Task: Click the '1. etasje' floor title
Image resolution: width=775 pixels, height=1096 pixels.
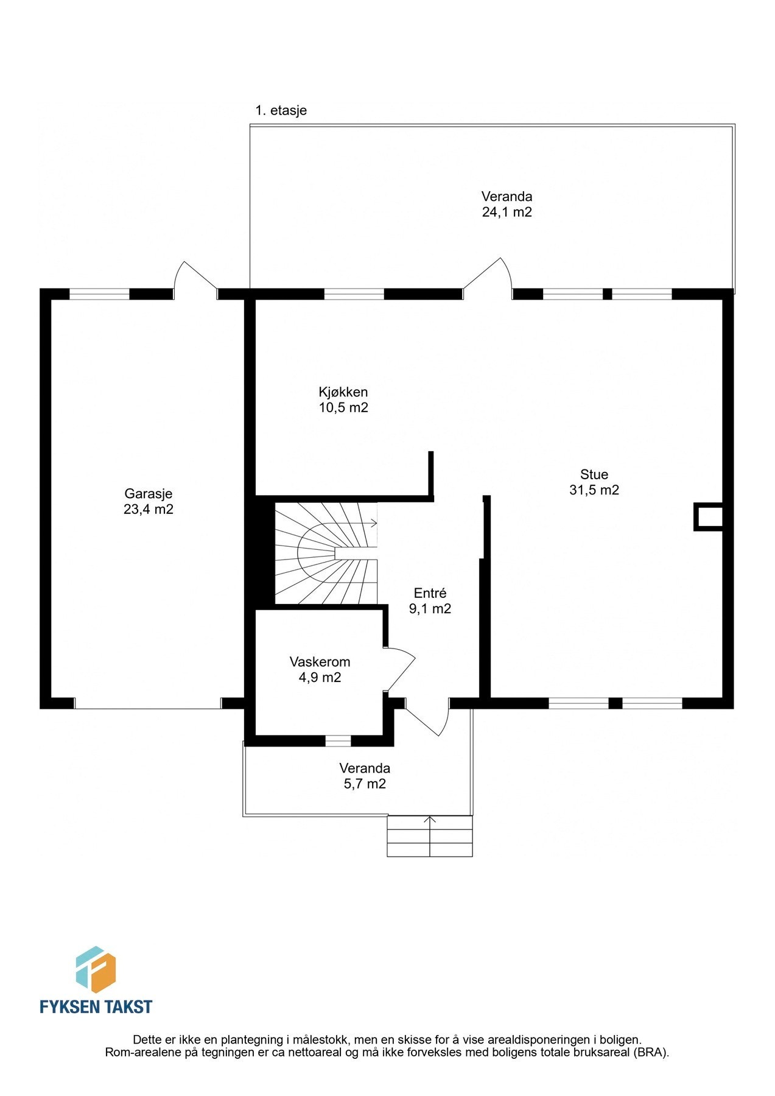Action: (x=281, y=111)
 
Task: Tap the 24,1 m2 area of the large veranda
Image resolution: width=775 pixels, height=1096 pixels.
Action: (x=507, y=213)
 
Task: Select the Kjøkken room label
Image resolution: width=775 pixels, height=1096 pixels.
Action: (x=343, y=392)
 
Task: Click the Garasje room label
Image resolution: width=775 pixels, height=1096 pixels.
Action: (x=148, y=494)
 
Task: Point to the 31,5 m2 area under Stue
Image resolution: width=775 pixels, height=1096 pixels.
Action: (x=594, y=490)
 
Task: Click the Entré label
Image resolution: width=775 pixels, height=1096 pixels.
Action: (x=430, y=593)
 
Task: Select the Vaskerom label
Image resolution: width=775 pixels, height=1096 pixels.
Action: (x=320, y=662)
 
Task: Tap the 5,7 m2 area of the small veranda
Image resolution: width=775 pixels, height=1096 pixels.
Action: (x=364, y=784)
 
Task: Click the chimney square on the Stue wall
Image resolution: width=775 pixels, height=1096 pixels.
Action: (x=708, y=517)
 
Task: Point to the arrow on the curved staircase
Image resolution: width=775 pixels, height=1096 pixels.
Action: (x=371, y=522)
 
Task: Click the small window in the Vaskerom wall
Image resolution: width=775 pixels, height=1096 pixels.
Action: (x=338, y=741)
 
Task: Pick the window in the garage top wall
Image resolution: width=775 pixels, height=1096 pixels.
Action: (x=99, y=295)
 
